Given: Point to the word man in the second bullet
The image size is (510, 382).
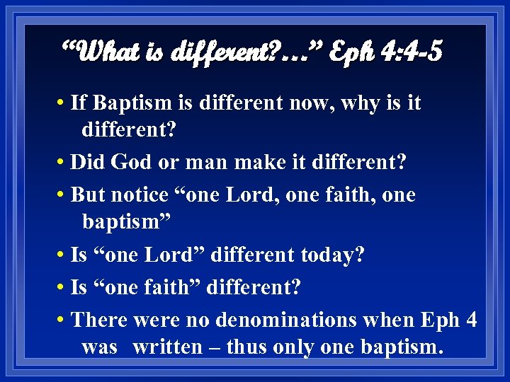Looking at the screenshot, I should (x=205, y=163).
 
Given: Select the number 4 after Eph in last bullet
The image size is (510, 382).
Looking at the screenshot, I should (x=471, y=320).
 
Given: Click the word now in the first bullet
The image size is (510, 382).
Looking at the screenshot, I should (x=313, y=103).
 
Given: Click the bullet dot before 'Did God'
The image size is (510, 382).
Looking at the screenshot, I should (x=64, y=162).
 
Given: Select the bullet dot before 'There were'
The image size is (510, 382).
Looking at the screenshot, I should (x=64, y=320).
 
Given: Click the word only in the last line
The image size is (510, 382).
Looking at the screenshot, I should (x=294, y=347).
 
